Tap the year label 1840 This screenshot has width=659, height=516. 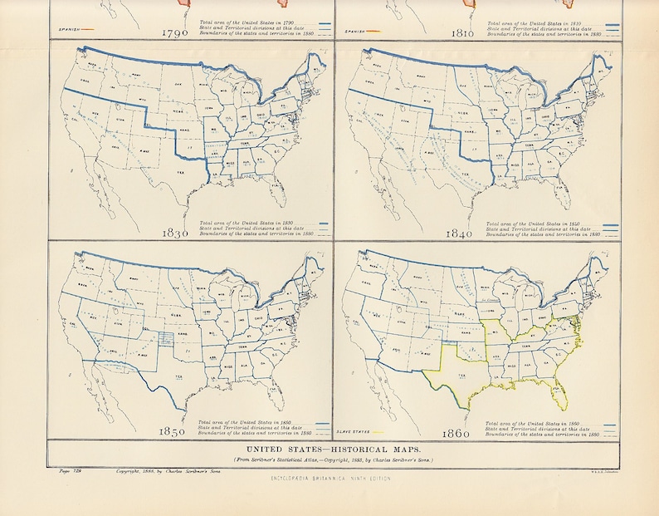click(458, 234)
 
